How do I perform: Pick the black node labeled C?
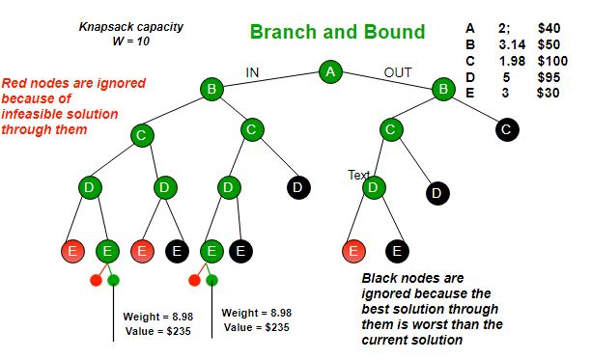coord(507,128)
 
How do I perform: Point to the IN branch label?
coord(253,70)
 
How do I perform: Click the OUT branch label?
coord(397,71)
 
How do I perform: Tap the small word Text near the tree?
coord(359,175)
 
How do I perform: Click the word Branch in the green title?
coord(281,32)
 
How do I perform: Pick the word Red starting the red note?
coord(15,82)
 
